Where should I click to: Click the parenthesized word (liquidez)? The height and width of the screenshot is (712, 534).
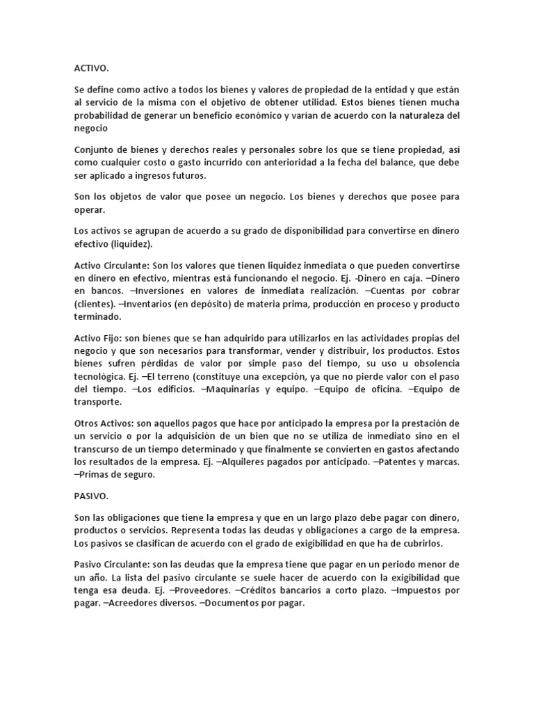pyautogui.click(x=134, y=244)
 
